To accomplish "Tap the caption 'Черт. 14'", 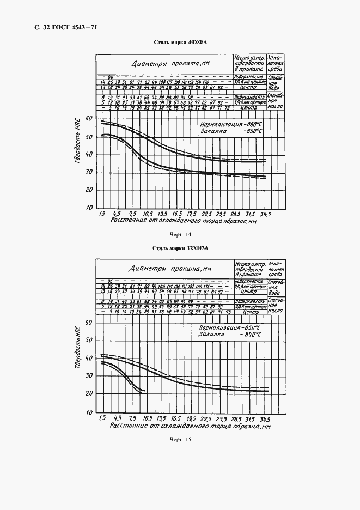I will pos(181,235).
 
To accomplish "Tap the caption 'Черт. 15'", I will pos(181,439).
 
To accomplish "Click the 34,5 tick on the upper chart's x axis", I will pos(266,214).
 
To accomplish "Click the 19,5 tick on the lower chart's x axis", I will pos(191,418).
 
